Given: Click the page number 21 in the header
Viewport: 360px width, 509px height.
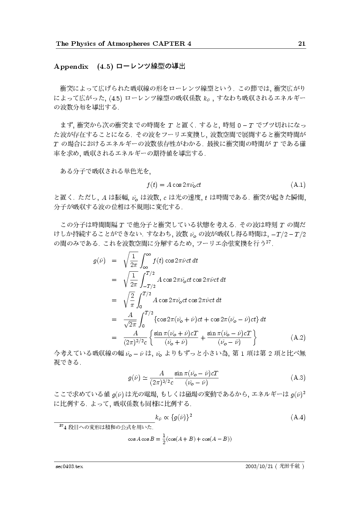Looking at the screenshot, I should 301,44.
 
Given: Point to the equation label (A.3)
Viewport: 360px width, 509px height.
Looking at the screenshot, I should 297,378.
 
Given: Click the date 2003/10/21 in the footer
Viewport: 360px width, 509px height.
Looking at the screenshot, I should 260,466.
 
